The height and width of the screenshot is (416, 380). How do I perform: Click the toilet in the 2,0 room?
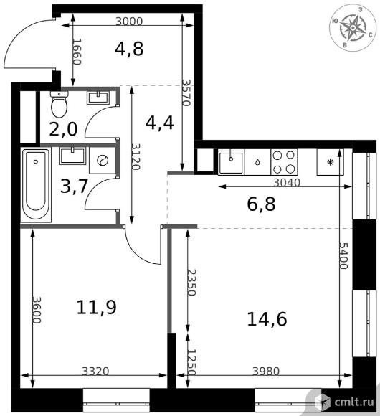tap(59, 104)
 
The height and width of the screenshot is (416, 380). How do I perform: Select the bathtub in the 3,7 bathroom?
tap(37, 184)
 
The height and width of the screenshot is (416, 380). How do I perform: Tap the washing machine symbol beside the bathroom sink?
tap(103, 161)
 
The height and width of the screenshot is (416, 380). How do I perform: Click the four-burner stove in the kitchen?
tap(284, 162)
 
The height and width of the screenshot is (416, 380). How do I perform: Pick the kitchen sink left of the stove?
tap(231, 162)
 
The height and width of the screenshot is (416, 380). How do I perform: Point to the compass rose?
tap(353, 28)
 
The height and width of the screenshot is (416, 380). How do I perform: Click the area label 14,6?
tap(267, 319)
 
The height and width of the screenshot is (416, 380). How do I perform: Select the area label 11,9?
tap(97, 307)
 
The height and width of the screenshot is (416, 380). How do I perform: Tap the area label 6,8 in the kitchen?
tap(261, 204)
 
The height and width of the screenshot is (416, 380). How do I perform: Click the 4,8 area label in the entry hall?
tap(129, 49)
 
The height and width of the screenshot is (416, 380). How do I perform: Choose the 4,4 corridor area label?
tap(160, 123)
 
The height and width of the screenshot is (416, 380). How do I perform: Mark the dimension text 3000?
tap(129, 22)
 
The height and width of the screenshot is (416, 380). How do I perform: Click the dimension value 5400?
tap(343, 256)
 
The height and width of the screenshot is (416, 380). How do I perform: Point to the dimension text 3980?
tap(266, 371)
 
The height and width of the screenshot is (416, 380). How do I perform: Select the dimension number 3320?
tap(95, 371)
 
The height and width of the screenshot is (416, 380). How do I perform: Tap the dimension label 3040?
tap(287, 182)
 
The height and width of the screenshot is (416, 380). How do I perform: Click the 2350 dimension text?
tap(191, 283)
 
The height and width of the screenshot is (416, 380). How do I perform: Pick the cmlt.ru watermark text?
tap(354, 402)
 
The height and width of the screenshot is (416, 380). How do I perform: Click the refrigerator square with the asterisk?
tap(330, 162)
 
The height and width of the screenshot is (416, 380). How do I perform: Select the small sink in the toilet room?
tap(98, 98)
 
